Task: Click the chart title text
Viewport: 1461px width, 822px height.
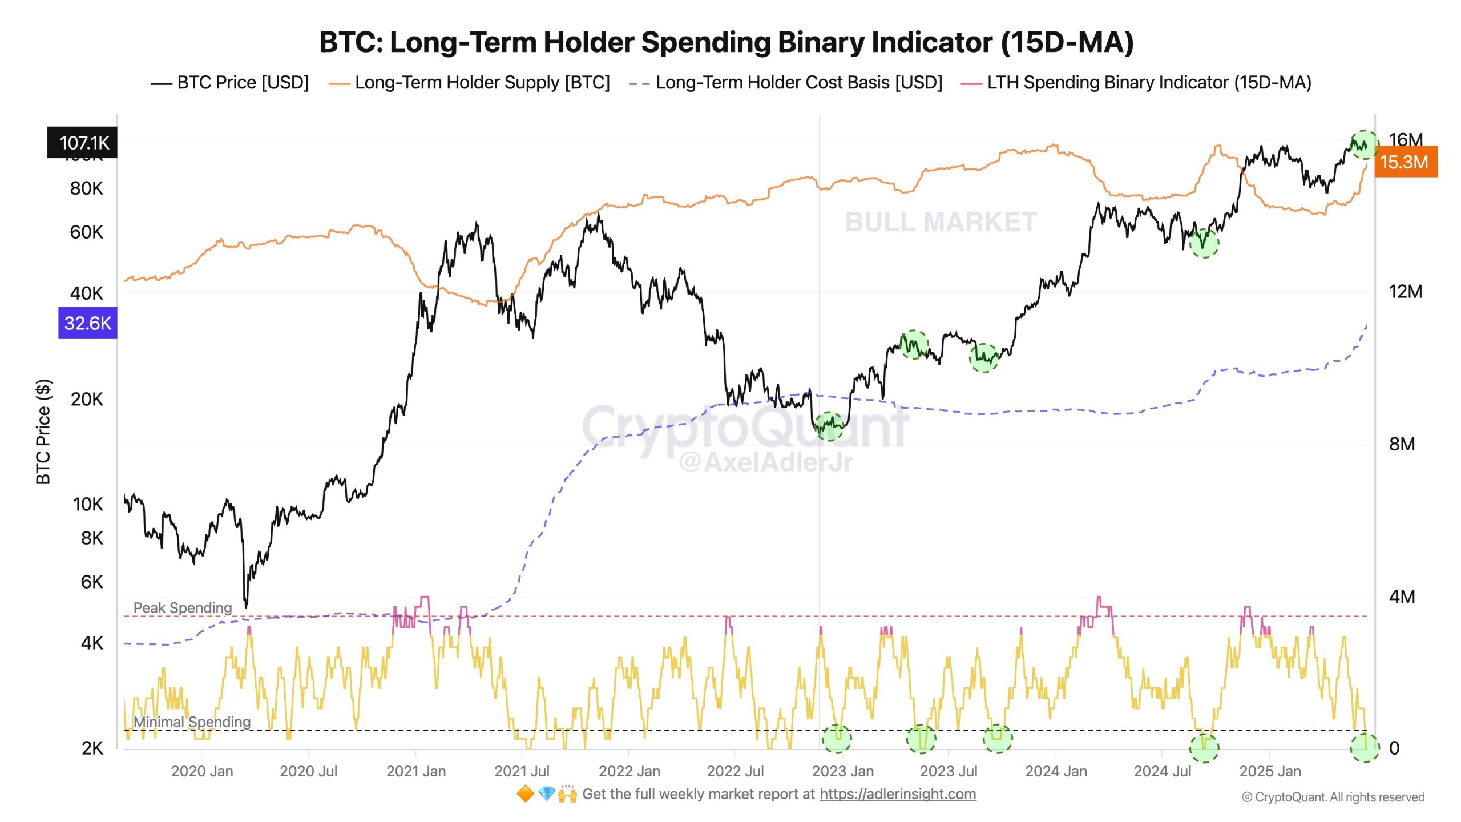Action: click(726, 42)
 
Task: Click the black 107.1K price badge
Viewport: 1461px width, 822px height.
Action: click(83, 143)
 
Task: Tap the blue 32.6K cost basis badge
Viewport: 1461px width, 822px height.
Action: click(88, 323)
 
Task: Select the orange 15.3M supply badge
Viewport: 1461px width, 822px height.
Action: click(1405, 162)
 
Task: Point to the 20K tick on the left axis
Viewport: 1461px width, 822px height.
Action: click(87, 399)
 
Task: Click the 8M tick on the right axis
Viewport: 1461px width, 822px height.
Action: click(1402, 444)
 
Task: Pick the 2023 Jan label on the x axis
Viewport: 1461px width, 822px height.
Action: click(842, 771)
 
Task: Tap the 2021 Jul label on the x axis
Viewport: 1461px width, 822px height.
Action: click(522, 771)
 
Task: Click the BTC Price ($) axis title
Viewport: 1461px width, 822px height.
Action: click(43, 432)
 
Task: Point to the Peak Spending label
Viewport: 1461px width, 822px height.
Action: click(183, 607)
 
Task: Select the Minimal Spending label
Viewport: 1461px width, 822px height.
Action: click(192, 722)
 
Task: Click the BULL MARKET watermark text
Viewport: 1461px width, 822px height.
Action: click(941, 222)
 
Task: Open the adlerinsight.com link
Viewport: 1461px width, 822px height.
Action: click(898, 794)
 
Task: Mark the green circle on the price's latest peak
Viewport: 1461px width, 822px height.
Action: click(1364, 145)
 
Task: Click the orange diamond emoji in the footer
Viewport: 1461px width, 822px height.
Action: click(525, 794)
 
